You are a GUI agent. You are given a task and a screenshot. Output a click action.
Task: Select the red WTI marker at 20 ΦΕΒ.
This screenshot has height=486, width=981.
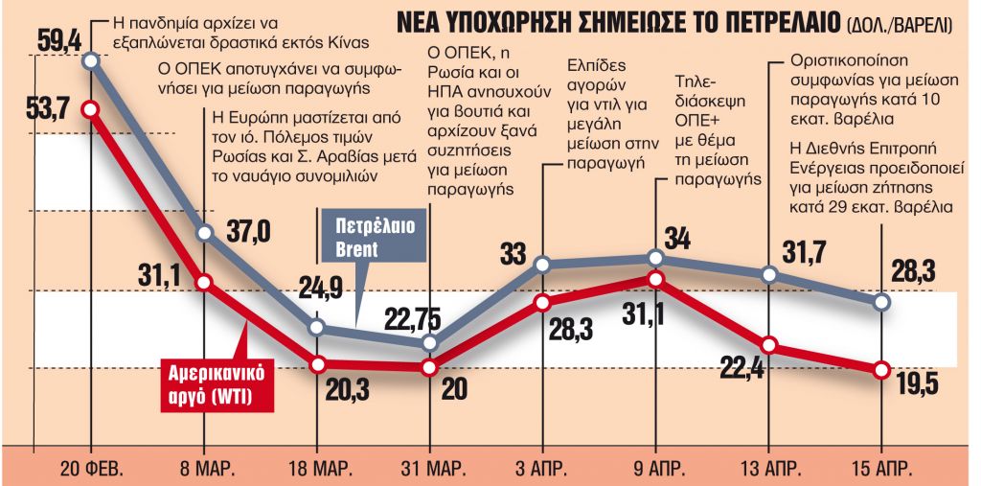(91, 109)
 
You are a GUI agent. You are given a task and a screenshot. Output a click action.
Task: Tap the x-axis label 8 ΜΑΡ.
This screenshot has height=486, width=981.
(205, 470)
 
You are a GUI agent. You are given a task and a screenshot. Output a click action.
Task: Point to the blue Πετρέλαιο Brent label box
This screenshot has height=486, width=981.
(356, 238)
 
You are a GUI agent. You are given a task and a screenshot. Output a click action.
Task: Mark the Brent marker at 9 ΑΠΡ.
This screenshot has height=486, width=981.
(655, 258)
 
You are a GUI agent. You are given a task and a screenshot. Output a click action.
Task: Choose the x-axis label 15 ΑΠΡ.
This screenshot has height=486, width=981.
(881, 470)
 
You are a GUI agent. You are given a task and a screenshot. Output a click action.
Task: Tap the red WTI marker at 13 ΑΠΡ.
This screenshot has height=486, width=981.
(769, 345)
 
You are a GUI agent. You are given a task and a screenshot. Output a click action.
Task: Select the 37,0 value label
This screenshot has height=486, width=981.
(248, 231)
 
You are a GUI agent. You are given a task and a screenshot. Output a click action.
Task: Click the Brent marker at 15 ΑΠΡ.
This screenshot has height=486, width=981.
(882, 302)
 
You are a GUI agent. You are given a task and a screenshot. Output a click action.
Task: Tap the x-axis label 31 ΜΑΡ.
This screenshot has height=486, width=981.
(430, 470)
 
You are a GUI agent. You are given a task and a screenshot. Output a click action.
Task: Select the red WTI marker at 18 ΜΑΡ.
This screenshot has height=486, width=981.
(317, 364)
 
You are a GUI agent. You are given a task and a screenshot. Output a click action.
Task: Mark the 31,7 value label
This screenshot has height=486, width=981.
(806, 254)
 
